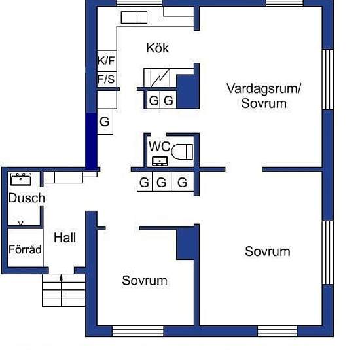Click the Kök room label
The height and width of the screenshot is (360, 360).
158,48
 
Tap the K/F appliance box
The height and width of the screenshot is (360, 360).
107,61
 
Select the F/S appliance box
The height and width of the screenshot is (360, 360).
107,79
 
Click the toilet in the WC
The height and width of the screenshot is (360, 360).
182,152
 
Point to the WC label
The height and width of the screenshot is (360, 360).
159,146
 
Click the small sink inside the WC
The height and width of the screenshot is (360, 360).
160,161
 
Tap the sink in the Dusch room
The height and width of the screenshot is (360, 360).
21,179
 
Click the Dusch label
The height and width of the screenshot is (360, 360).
26,198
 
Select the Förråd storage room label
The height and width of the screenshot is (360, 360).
25,249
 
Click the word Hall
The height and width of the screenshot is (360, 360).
65,238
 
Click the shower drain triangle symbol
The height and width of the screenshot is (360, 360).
21,223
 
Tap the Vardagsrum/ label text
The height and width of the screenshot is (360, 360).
264,88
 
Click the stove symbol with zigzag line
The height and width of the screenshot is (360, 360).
160,78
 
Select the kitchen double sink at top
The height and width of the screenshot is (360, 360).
134,18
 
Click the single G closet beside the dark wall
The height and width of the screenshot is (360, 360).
105,122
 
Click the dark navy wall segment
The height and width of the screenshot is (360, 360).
91,141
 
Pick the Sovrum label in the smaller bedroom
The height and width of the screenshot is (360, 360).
145,280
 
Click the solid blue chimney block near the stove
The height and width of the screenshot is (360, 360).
188,92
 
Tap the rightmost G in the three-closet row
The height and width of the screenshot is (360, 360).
183,182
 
